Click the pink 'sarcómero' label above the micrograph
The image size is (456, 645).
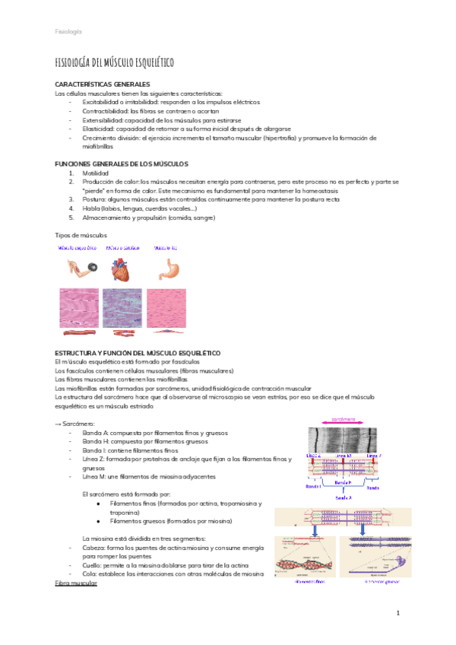pos(344,418)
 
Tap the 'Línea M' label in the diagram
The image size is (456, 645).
pos(343,456)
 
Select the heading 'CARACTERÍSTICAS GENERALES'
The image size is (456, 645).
pos(103,84)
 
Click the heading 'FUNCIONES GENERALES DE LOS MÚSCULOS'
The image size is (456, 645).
pos(122,164)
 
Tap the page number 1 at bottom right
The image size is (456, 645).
pos(397,612)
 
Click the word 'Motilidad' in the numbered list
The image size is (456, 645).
pos(96,173)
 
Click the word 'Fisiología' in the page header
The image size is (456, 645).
pos(68,31)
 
